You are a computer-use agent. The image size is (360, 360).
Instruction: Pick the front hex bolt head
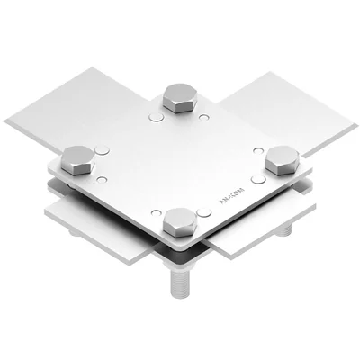coord(178,220)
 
